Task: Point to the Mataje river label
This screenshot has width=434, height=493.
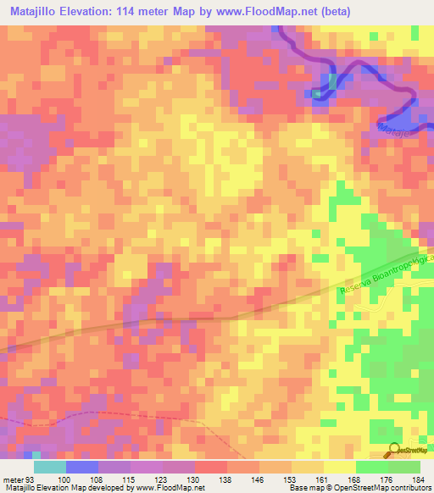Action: point(391,126)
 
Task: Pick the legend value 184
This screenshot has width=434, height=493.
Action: point(413,480)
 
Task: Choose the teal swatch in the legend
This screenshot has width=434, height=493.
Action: point(49,467)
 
